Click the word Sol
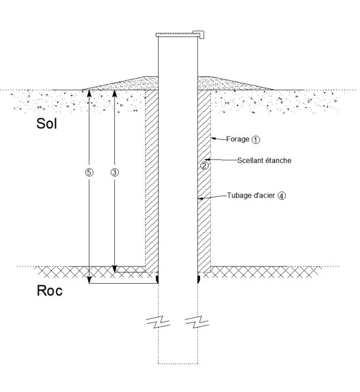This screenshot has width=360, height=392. point(49,123)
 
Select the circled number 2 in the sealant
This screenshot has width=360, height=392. point(204,166)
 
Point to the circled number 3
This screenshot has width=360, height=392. point(115,172)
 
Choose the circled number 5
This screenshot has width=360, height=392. point(89,172)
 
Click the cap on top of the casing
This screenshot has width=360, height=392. point(177,35)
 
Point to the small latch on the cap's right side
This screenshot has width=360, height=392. point(200,34)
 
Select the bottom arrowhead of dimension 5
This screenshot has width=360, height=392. point(89,280)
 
